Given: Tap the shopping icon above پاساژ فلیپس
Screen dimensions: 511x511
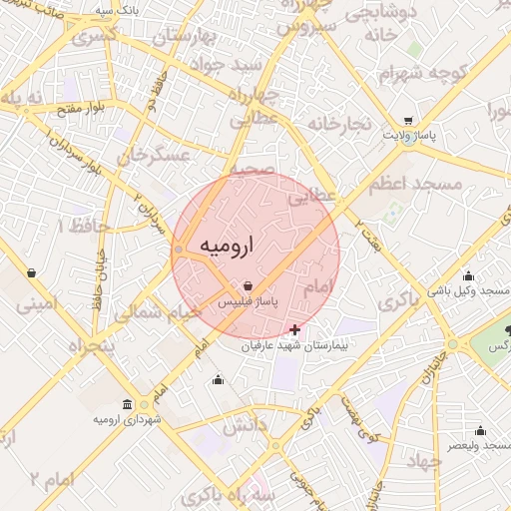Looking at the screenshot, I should click(x=248, y=285).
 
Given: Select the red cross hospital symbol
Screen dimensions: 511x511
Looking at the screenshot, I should click(x=294, y=329).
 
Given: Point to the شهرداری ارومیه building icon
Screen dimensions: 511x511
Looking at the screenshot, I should click(x=126, y=404).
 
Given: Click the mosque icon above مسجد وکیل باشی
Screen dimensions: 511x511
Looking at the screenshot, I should click(x=468, y=276).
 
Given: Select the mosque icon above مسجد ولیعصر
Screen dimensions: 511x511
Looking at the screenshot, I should click(x=481, y=431).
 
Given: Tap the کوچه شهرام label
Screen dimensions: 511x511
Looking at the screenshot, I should click(x=422, y=73).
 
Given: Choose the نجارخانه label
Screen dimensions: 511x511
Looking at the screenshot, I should click(x=340, y=124).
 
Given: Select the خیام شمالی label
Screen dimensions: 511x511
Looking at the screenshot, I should click(x=158, y=311).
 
